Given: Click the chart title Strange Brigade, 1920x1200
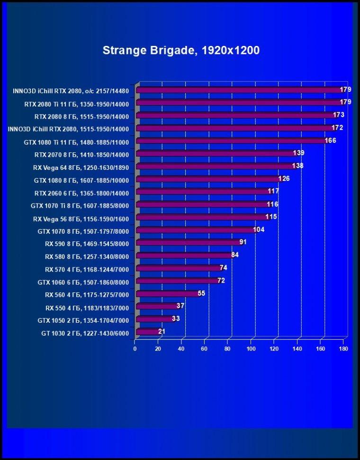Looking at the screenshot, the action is tap(181, 51).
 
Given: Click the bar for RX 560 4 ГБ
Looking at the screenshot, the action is tap(169, 294).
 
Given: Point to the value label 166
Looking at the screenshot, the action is tap(330, 141).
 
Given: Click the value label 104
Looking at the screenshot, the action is tap(259, 230).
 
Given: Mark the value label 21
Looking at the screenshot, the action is tap(162, 331).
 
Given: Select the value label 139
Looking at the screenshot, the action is tap(298, 153).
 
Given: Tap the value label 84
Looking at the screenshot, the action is tap(235, 255).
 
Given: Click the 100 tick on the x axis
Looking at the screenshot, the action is tap(251, 349).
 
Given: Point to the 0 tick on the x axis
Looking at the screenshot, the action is tap(135, 349).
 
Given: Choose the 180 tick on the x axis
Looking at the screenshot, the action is tap(343, 349).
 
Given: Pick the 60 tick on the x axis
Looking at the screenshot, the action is tap(204, 349).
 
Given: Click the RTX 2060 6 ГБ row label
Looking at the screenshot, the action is tap(81, 193).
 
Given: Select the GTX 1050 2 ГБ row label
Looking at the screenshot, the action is tap(83, 320).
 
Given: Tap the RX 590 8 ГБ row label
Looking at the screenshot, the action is tap(87, 244).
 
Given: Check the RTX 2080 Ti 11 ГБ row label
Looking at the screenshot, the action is tap(77, 104).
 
